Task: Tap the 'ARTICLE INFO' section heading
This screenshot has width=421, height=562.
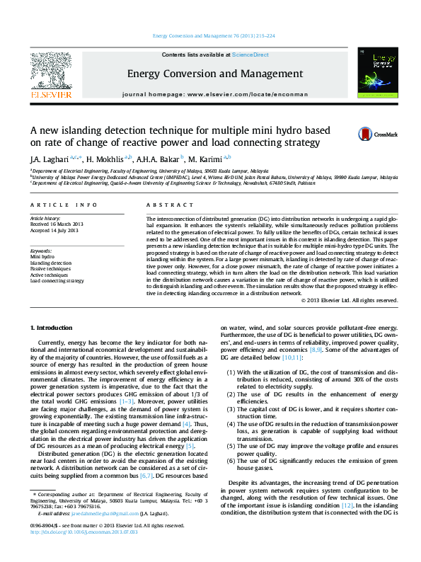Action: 64,205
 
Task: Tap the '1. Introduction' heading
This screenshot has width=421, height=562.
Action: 53,328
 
